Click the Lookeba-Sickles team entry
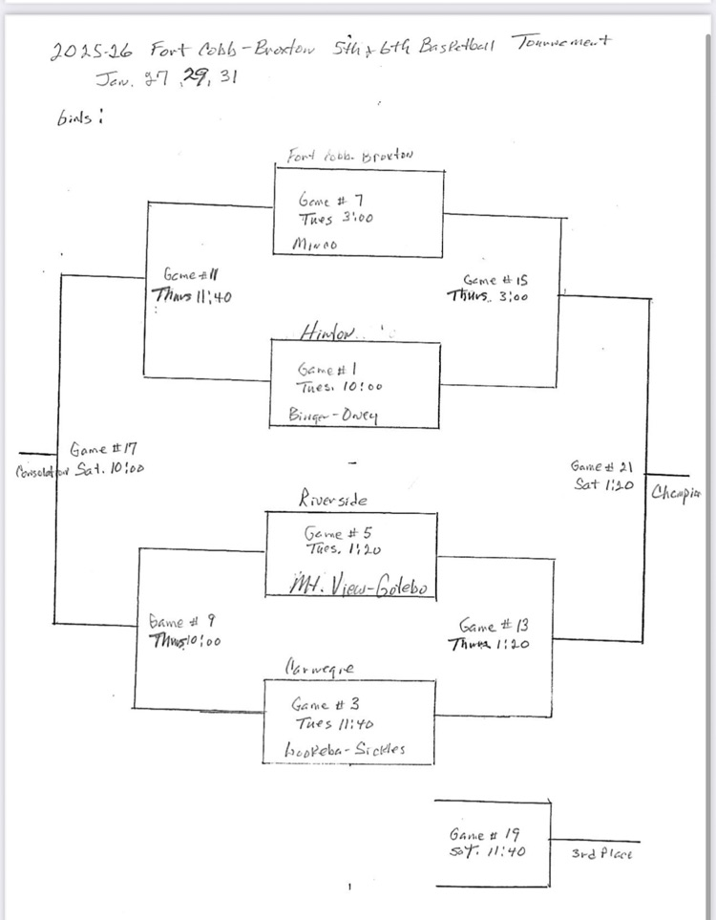(x=346, y=750)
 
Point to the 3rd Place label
(x=601, y=853)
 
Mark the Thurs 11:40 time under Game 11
(x=192, y=294)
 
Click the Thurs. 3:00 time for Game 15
(x=487, y=296)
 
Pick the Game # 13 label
(x=494, y=626)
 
